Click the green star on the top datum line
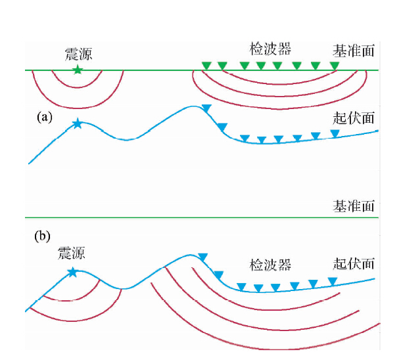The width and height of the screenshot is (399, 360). click(78, 69)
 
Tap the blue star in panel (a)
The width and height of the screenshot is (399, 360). click(78, 123)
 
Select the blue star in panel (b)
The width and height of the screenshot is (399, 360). click(72, 271)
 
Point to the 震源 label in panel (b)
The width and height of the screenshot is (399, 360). click(72, 253)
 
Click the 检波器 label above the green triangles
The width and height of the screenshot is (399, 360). click(270, 49)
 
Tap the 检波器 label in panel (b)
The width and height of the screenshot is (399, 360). click(270, 265)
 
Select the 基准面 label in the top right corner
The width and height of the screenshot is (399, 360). click(354, 51)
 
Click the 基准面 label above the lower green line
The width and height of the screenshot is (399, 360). click(354, 206)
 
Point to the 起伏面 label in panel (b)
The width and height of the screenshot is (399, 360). click(354, 263)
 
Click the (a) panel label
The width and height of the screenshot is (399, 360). click(44, 118)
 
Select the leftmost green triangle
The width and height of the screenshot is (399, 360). click(206, 65)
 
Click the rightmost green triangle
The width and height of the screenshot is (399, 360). click(335, 66)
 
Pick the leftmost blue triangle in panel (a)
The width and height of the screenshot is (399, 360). click(206, 108)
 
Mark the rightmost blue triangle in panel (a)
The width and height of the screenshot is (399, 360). click(335, 133)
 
